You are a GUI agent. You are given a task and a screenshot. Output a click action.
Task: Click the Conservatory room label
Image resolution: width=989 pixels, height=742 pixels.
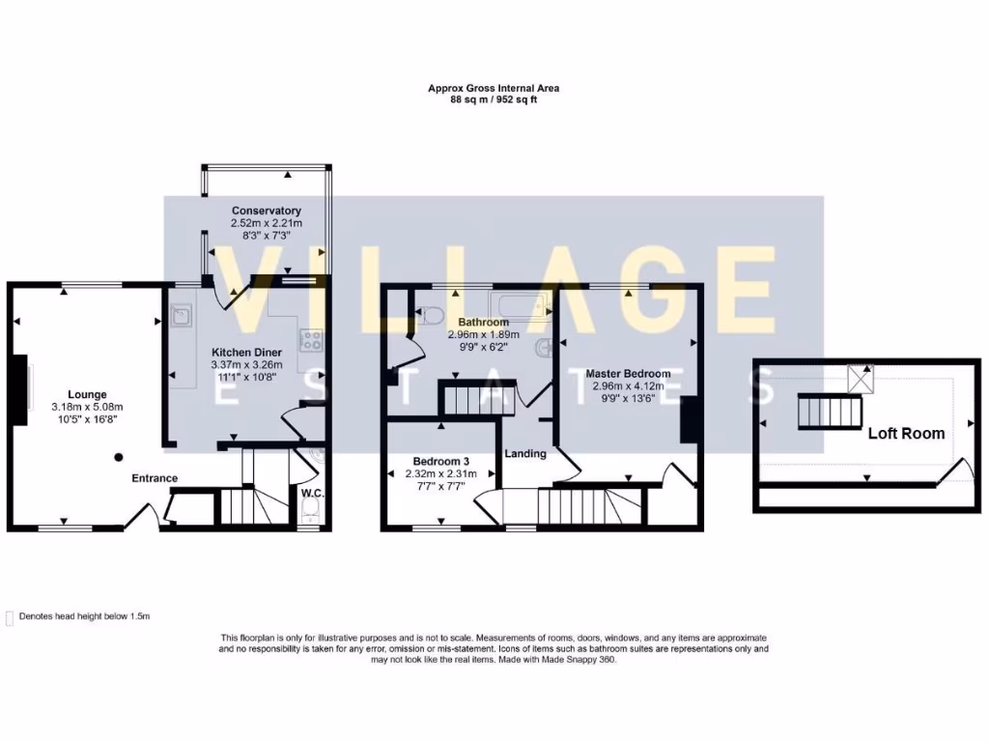(x=266, y=211)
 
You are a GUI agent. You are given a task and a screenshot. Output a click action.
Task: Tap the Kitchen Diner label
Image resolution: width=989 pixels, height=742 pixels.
(x=246, y=353)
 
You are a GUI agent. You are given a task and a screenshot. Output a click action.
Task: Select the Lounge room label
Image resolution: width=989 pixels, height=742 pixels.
(x=87, y=394)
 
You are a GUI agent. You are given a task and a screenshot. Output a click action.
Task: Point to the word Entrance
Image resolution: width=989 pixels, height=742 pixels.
(x=155, y=478)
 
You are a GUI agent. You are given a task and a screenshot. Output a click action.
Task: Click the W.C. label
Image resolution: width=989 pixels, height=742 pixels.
(x=311, y=493)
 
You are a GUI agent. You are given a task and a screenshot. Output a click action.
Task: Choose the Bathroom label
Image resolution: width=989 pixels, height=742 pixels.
(x=483, y=322)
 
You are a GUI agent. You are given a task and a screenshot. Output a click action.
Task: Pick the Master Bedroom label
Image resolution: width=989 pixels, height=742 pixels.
(x=628, y=374)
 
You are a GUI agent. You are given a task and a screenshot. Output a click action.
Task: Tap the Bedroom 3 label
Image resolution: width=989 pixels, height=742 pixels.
(x=440, y=461)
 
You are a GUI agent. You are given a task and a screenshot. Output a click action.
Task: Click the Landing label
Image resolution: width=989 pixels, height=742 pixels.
(x=525, y=453)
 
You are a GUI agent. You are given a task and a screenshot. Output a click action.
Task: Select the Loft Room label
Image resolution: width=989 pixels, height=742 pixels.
(x=906, y=433)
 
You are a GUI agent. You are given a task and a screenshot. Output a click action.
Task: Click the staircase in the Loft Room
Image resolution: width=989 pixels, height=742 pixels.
(x=829, y=413)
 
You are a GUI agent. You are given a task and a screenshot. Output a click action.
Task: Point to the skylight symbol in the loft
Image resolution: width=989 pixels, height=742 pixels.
(x=860, y=377)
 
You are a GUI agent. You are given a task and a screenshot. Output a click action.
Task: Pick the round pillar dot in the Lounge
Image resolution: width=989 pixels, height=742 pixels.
(x=119, y=457)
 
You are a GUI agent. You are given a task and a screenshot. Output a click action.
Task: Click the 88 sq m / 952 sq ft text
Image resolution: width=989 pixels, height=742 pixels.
(x=494, y=99)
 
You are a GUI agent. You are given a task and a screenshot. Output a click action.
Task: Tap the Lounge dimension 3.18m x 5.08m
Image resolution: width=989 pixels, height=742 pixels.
(x=87, y=407)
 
